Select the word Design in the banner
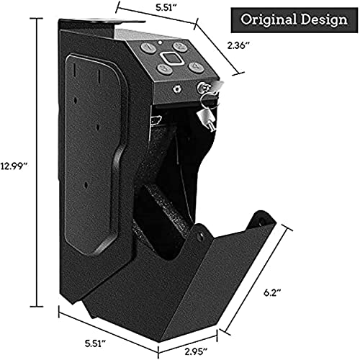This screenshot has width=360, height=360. coord(321,19)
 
